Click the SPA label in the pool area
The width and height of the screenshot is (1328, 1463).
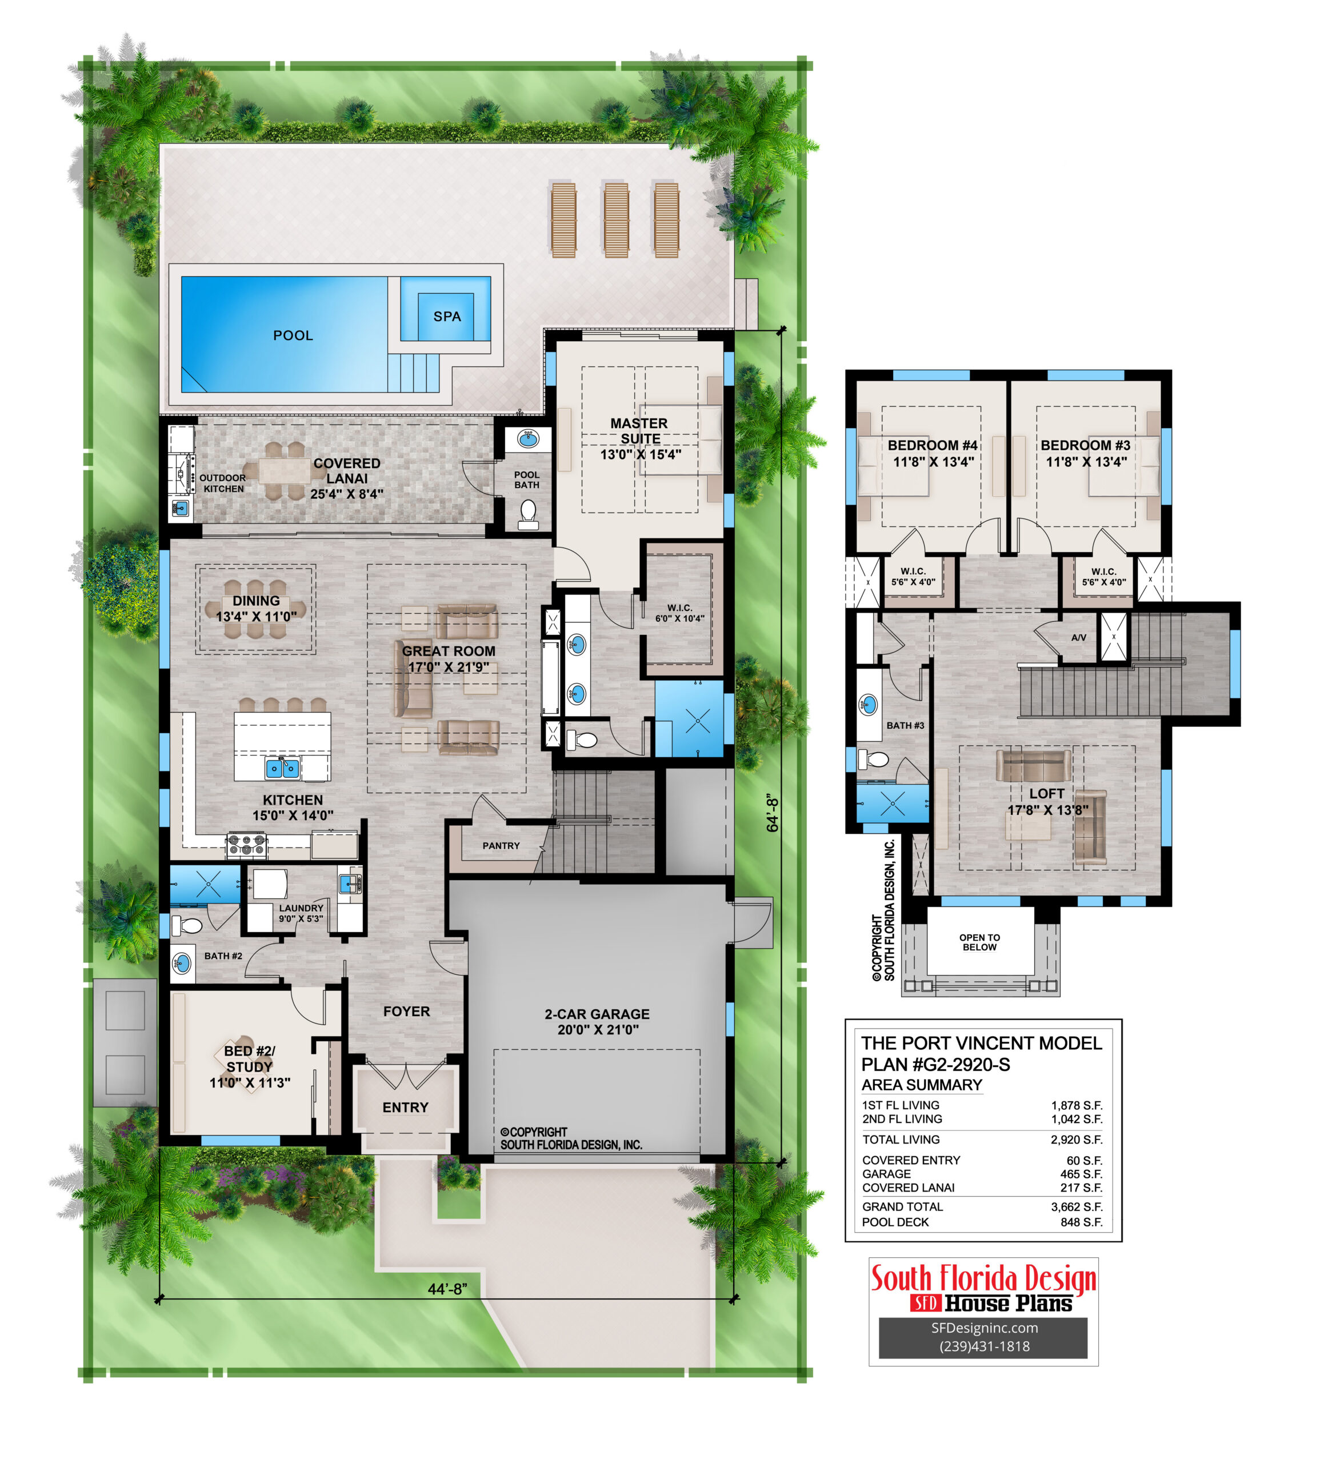(447, 317)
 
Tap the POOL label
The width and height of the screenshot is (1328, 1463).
(293, 335)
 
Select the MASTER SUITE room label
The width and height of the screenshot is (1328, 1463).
(639, 431)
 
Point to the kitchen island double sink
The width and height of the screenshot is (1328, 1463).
(282, 767)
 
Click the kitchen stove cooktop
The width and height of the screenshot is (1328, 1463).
(247, 844)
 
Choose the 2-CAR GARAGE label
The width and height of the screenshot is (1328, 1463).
(597, 1014)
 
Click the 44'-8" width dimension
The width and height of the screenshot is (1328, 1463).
(447, 1289)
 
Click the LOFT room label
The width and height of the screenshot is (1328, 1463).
(1046, 794)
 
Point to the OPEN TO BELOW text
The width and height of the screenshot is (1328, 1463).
(979, 942)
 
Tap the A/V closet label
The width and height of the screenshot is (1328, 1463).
(1079, 637)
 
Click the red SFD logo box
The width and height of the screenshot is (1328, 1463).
(926, 1304)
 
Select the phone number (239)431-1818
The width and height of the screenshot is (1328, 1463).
(984, 1346)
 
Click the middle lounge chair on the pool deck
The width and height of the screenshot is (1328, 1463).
(616, 220)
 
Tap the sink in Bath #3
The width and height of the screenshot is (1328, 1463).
(868, 704)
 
